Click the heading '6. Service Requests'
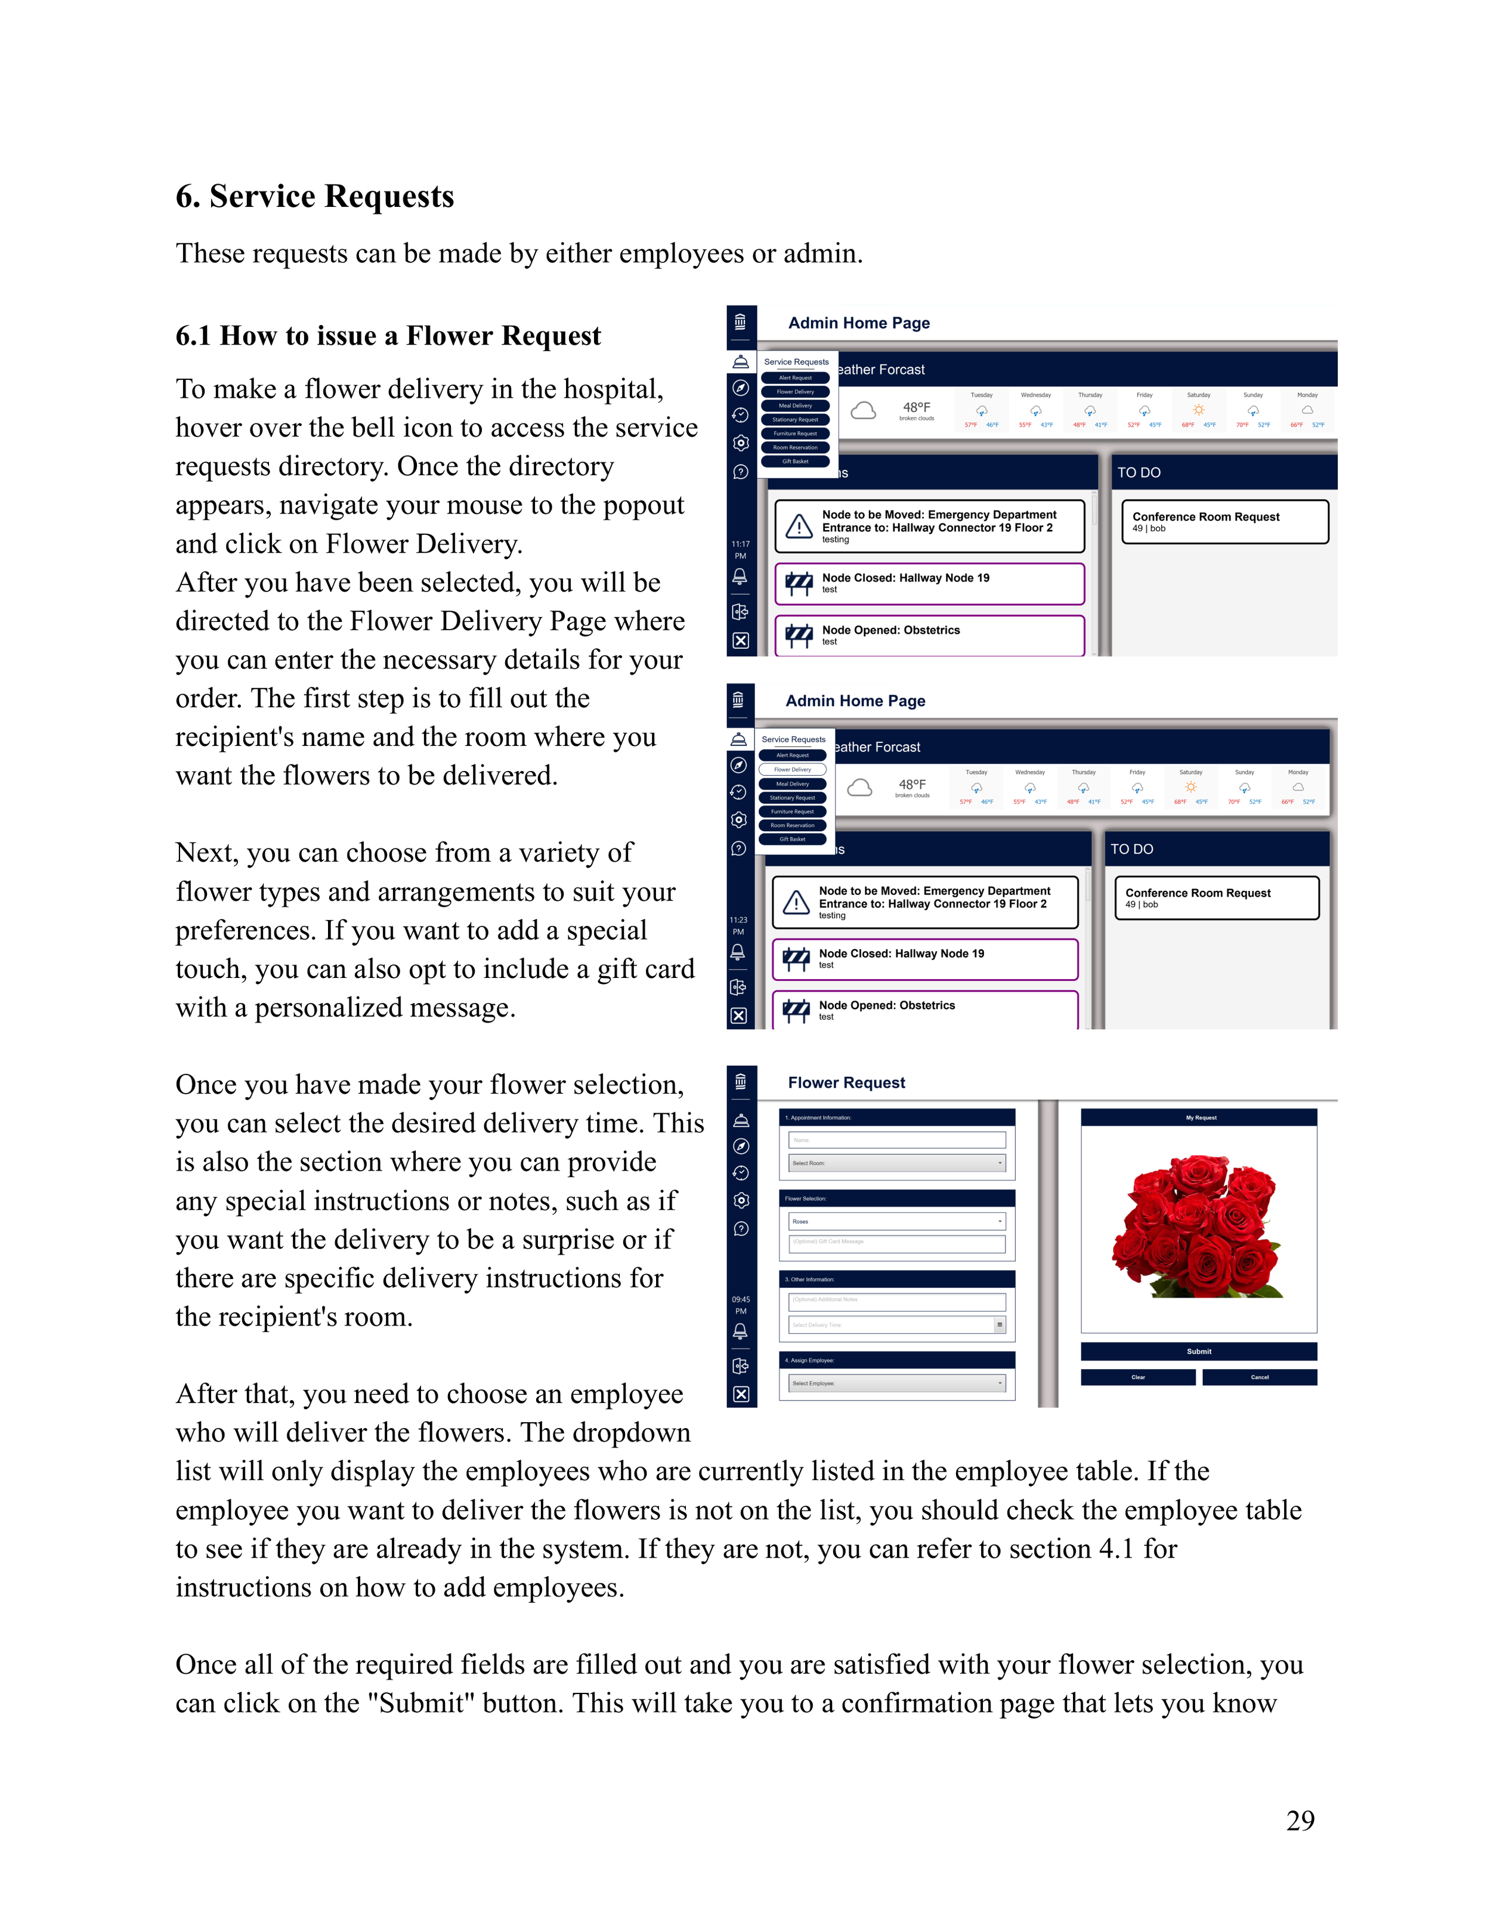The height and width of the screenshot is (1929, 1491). pyautogui.click(x=314, y=196)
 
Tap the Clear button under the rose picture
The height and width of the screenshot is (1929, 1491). pyautogui.click(x=1138, y=1377)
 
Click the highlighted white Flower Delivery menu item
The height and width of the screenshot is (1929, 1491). pyautogui.click(x=792, y=769)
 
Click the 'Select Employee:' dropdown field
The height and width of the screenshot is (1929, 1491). pyautogui.click(x=896, y=1383)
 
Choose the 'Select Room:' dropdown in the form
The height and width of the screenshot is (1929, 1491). pyautogui.click(x=896, y=1163)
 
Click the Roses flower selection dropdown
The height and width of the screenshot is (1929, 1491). pyautogui.click(x=896, y=1222)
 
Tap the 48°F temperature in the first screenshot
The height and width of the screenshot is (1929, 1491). pyautogui.click(x=916, y=407)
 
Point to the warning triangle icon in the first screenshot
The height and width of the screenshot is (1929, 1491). pyautogui.click(x=799, y=527)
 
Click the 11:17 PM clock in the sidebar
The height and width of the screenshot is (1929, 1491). pyautogui.click(x=740, y=549)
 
